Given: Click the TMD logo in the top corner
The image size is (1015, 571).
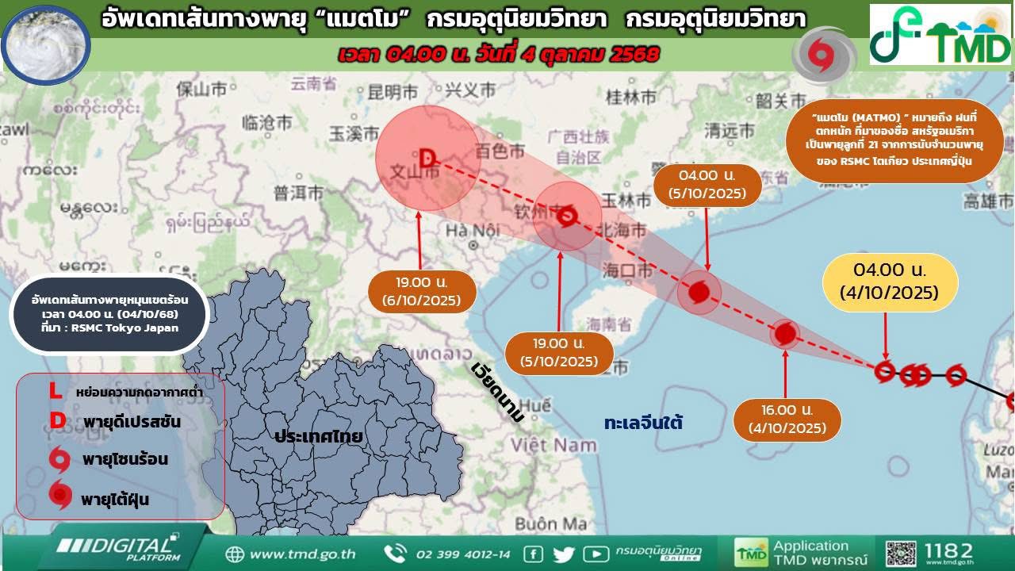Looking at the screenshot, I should click(940, 35).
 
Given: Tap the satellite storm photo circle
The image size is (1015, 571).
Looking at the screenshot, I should click(46, 44).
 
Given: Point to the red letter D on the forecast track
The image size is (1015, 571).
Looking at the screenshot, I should click(427, 159).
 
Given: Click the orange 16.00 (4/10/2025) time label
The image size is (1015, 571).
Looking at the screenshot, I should click(787, 420).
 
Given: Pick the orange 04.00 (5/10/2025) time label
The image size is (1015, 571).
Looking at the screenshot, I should click(707, 184).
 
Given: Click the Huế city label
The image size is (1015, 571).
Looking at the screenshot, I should click(536, 404).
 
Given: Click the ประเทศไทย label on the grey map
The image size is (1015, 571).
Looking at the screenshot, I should click(319, 436).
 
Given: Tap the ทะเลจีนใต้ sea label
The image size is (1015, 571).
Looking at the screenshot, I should click(643, 422).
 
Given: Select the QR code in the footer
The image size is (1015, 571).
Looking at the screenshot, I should click(901, 554).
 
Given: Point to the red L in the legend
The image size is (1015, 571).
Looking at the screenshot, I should click(55, 391).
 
